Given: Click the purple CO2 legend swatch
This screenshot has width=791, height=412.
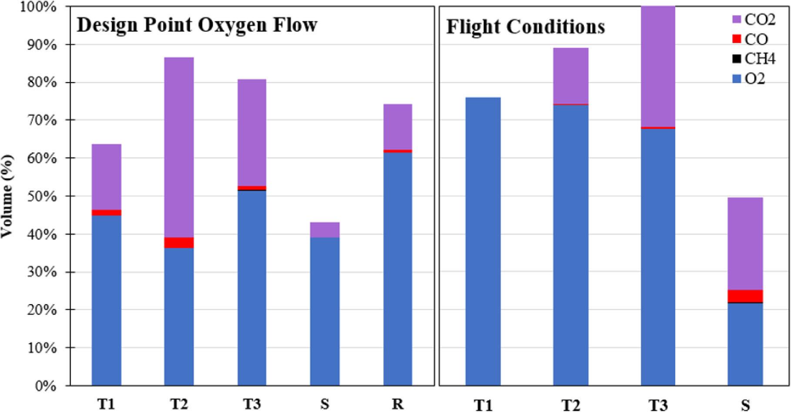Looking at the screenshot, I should click(737, 19).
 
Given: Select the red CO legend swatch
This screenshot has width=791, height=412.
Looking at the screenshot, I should click(737, 39).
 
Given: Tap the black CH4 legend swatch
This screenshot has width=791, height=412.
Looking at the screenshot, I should click(737, 59).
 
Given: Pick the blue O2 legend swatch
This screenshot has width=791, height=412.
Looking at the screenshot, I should click(737, 79).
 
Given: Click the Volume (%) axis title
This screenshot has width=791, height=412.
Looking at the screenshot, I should click(7, 196).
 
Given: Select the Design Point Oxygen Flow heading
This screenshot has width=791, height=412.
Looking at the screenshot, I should click(197, 25).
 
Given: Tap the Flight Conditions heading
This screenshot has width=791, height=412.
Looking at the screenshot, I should click(525, 27).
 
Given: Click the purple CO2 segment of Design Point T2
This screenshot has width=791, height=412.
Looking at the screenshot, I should click(179, 147).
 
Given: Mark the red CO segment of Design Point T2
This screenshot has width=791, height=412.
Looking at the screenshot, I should click(179, 242).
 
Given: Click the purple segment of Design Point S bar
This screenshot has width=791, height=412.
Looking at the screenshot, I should click(325, 229).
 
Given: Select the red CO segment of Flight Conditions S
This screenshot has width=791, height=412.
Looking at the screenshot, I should click(745, 296).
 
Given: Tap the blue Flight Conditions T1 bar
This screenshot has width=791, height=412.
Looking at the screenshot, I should click(483, 241).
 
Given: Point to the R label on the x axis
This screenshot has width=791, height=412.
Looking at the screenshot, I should click(398, 404).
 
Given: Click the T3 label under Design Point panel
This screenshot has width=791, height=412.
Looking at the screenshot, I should click(251, 404).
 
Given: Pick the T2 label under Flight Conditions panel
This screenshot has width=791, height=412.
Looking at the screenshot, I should click(570, 405).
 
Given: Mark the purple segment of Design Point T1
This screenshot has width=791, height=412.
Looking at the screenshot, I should click(106, 177).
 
